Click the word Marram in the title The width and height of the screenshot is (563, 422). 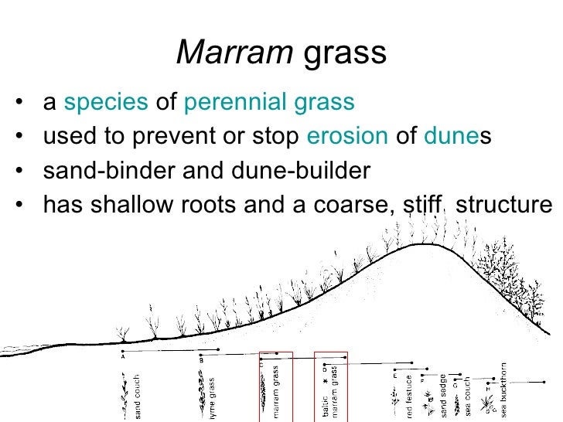pos(235,53)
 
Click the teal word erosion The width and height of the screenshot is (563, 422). pos(347,137)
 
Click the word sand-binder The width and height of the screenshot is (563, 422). pos(108,171)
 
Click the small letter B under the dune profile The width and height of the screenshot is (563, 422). pos(201,359)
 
